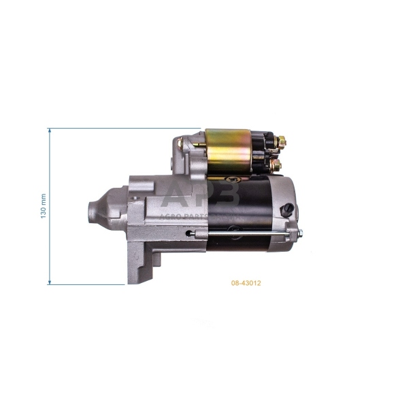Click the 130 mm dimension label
pos(43,205)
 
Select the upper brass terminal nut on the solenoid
pos(282,141)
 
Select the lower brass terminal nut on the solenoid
pos(277,165)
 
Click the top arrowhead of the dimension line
pos(50,131)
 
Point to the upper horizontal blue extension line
pos(122,128)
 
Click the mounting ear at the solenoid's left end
pos(180,144)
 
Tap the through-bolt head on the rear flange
pos(297,235)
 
